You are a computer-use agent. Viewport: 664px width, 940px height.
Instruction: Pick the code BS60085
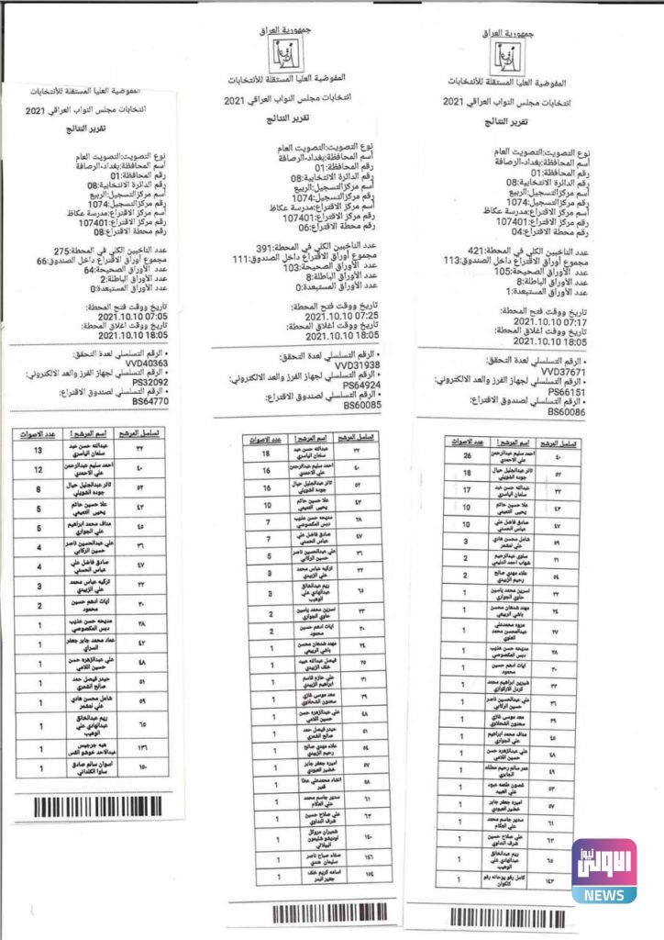tap(362, 405)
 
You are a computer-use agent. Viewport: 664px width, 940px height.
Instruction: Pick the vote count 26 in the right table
tap(467, 456)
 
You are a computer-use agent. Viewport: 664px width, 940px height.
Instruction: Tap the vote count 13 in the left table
tap(38, 451)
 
